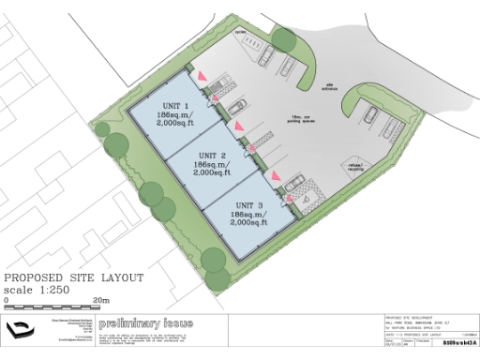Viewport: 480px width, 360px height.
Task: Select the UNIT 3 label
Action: point(249,204)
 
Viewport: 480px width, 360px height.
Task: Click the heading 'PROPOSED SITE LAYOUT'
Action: point(74,278)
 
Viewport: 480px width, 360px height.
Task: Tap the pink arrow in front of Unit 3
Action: point(276,175)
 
